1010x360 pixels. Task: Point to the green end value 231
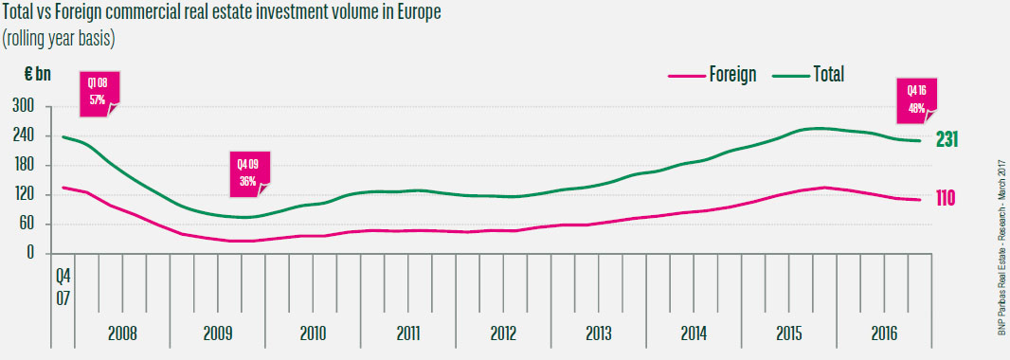(947, 139)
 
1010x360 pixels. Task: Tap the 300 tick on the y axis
(24, 106)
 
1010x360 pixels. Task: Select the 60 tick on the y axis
(27, 225)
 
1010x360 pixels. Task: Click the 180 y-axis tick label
(24, 166)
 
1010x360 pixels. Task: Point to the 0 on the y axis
(30, 254)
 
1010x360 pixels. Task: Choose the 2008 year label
(122, 333)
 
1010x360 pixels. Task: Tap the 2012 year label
(503, 333)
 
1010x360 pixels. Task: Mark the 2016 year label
(883, 333)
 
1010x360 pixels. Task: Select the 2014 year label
(694, 333)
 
